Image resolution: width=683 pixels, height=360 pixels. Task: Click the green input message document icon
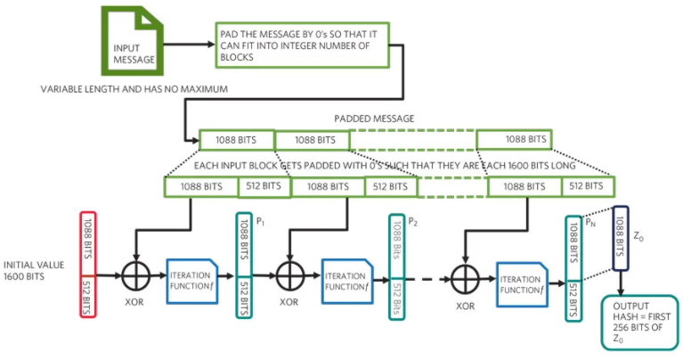(x=131, y=42)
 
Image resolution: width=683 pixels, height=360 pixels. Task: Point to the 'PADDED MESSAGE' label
(x=373, y=118)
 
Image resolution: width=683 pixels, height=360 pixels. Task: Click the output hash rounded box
(x=635, y=321)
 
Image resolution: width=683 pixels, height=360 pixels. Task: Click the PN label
(x=590, y=224)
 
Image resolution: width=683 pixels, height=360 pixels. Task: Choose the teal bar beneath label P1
(x=244, y=265)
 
